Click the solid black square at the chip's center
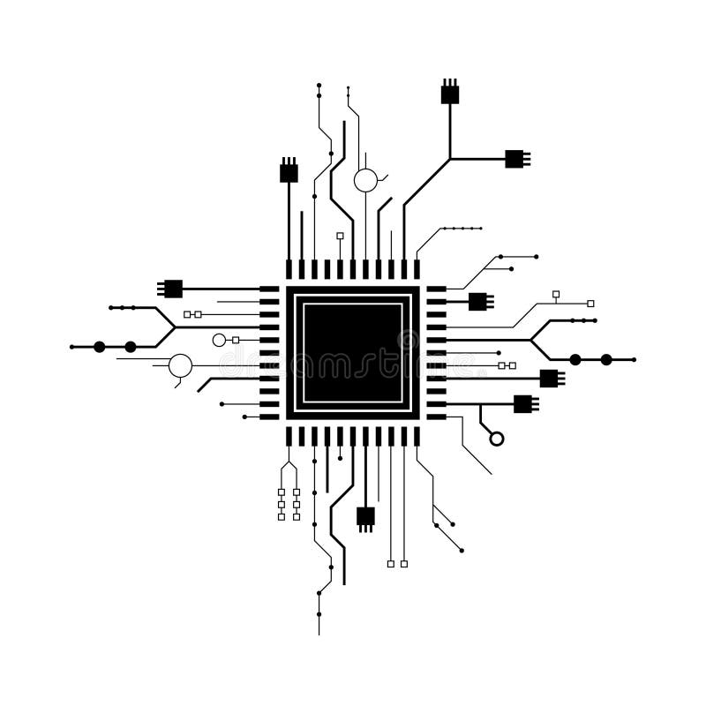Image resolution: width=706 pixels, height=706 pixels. [352, 353]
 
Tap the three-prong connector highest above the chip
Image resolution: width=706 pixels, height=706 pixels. [450, 94]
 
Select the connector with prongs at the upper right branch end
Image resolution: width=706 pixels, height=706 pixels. [514, 159]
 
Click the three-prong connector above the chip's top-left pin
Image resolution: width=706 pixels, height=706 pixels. [289, 172]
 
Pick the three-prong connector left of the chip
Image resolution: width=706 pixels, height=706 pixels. [172, 289]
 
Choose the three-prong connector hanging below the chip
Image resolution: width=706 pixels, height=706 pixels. [365, 517]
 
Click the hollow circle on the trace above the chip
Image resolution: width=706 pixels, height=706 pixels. [365, 181]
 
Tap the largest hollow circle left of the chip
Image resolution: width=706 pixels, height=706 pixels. [180, 365]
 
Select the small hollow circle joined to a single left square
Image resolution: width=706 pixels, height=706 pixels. [219, 340]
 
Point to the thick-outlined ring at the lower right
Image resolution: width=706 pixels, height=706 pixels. [497, 439]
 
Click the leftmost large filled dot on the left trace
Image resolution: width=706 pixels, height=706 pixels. [100, 347]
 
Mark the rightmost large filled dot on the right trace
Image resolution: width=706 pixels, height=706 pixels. [606, 359]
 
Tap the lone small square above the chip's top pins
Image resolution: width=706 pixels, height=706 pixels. [340, 236]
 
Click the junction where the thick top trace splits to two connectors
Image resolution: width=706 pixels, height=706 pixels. [450, 159]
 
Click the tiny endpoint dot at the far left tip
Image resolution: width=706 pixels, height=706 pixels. [71, 347]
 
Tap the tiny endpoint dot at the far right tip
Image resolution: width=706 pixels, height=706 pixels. [635, 359]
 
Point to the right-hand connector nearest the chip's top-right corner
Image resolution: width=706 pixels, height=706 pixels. [477, 301]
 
